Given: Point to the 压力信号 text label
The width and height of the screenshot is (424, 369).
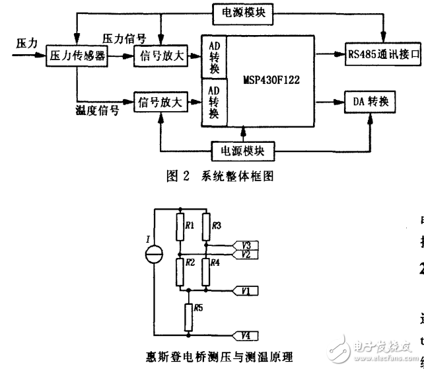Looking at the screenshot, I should point(124,38).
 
